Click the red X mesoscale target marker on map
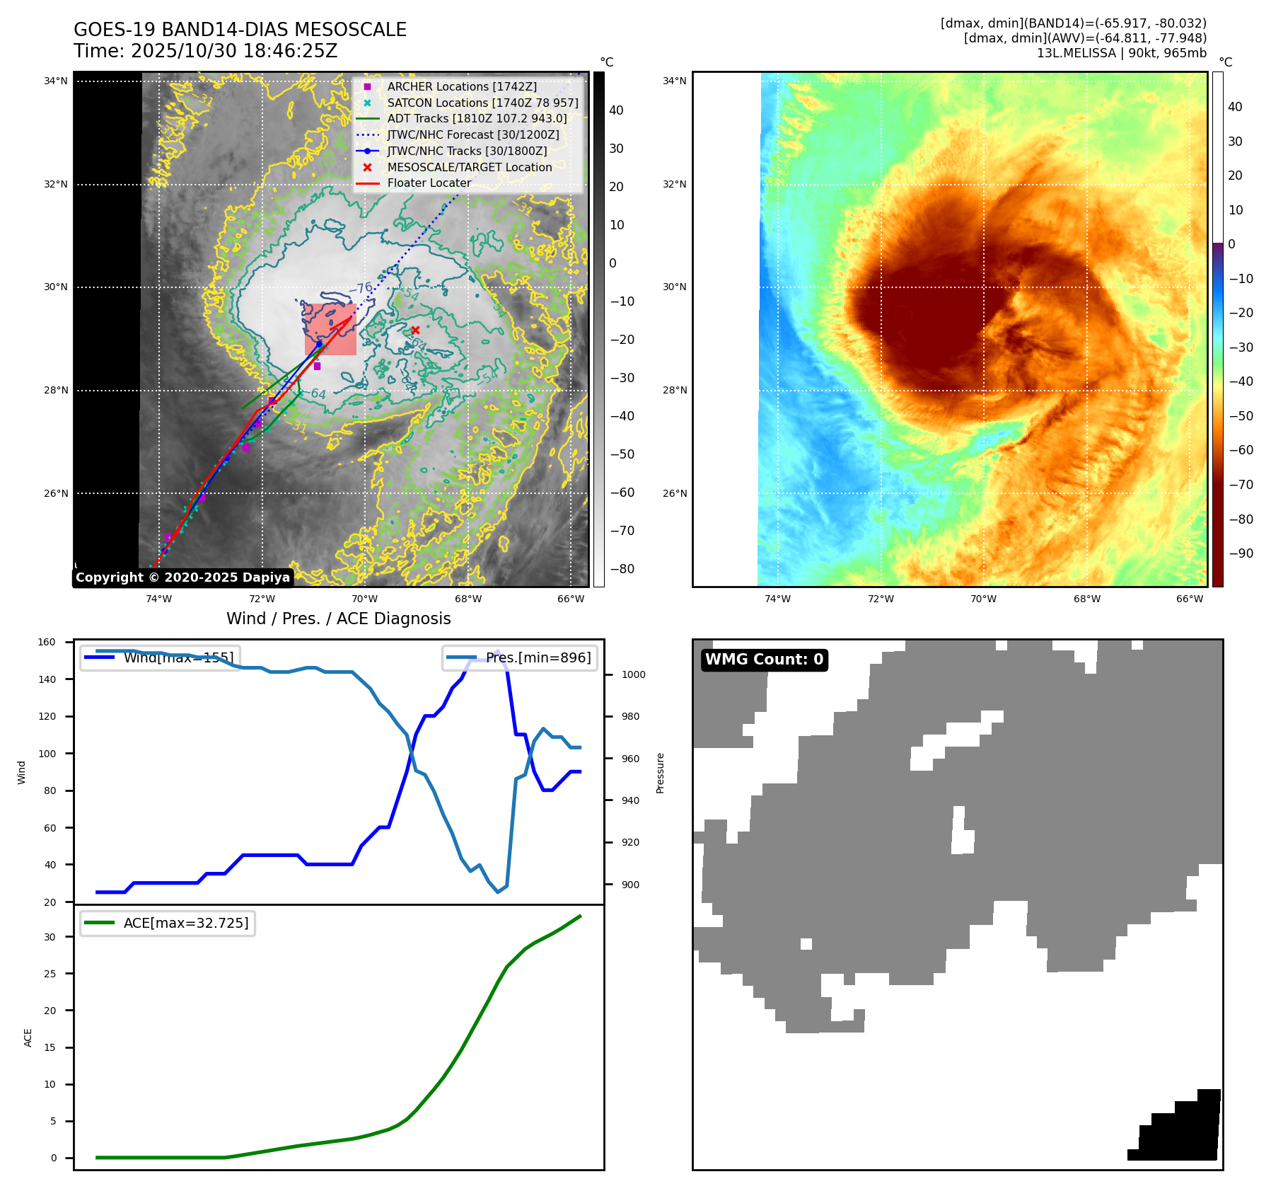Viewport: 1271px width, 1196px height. [x=415, y=330]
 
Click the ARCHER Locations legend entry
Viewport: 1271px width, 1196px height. [x=461, y=86]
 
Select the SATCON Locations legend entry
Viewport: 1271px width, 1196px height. [x=482, y=103]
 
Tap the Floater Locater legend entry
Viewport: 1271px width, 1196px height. [x=429, y=183]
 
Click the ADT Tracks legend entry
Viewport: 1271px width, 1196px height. [x=477, y=118]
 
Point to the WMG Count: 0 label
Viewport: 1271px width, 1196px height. [x=764, y=660]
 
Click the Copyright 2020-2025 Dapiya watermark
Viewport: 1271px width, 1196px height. [x=182, y=577]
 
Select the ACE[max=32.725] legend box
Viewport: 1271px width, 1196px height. [x=168, y=923]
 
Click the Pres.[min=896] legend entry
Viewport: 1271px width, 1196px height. [x=520, y=657]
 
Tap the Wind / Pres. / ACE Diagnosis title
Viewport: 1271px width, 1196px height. [x=338, y=619]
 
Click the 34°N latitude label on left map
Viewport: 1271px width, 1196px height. [x=56, y=81]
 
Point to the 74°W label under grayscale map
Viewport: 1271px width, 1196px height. [x=158, y=599]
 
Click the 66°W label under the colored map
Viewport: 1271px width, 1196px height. [x=1190, y=599]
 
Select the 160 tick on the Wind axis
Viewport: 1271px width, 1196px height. [x=47, y=643]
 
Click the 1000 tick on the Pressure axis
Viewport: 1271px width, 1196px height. [x=633, y=674]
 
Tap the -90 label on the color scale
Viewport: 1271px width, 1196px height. [x=1241, y=553]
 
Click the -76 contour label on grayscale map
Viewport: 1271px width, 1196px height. [x=361, y=289]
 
